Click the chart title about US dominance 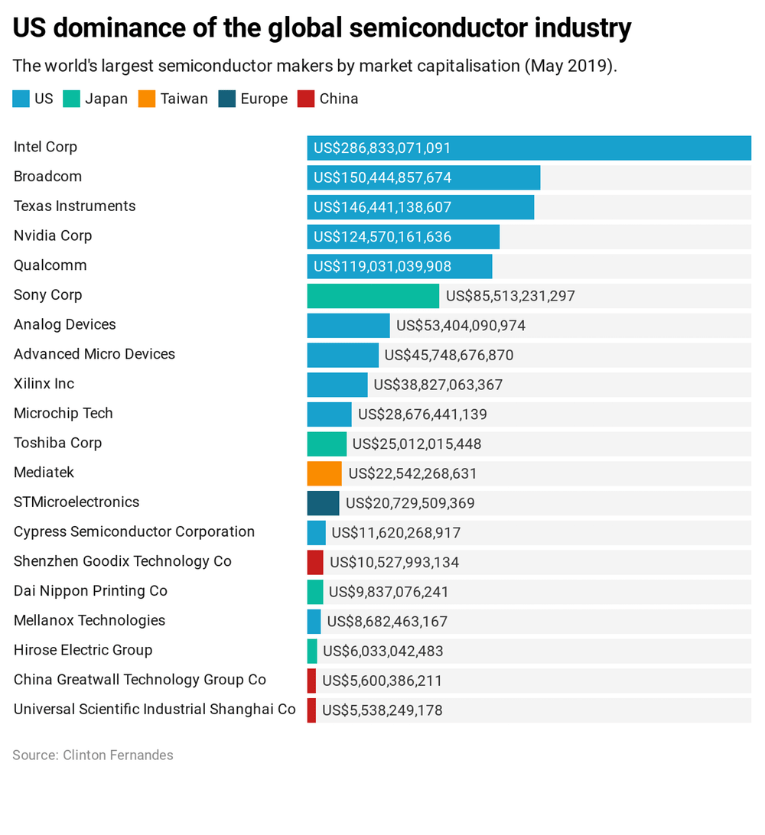[322, 28]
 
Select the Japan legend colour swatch [71, 99]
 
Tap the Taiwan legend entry [173, 99]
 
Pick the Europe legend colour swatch [227, 99]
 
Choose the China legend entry [327, 99]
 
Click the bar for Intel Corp [529, 148]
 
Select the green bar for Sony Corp [373, 296]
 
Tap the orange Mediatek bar [324, 473]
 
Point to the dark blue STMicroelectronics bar [323, 503]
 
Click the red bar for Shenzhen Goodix [315, 562]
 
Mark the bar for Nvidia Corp [403, 237]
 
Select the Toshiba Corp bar [327, 444]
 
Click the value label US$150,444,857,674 [382, 178]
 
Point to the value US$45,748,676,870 [449, 356]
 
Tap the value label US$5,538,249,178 [382, 710]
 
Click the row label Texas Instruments [74, 206]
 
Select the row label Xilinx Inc [44, 384]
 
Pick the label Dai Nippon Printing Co [90, 591]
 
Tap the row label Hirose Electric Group [83, 650]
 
